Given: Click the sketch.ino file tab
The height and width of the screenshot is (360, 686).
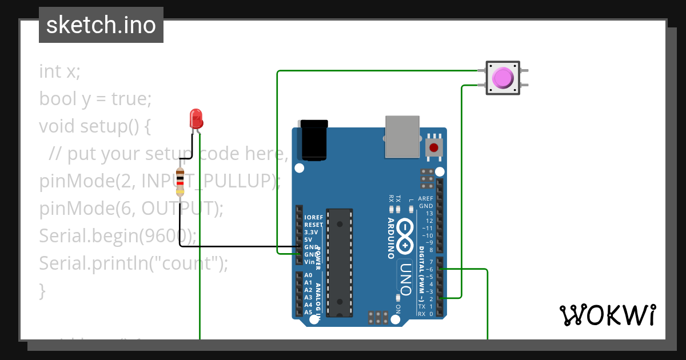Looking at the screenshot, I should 101,25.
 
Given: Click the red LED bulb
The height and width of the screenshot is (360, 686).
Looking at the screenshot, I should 196,118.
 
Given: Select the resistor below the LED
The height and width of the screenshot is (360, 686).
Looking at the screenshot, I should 180,182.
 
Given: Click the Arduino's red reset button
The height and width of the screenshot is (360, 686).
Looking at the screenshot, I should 434,147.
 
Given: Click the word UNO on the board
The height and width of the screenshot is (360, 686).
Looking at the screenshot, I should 405,278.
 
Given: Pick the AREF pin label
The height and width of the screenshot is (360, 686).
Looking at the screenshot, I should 426,198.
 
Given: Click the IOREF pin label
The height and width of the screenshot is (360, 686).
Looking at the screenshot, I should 314,218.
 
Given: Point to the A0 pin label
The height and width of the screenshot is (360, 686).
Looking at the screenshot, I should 308,275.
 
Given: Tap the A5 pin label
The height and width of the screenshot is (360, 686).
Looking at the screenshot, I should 308,312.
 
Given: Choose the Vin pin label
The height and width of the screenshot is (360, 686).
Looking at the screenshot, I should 309,262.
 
